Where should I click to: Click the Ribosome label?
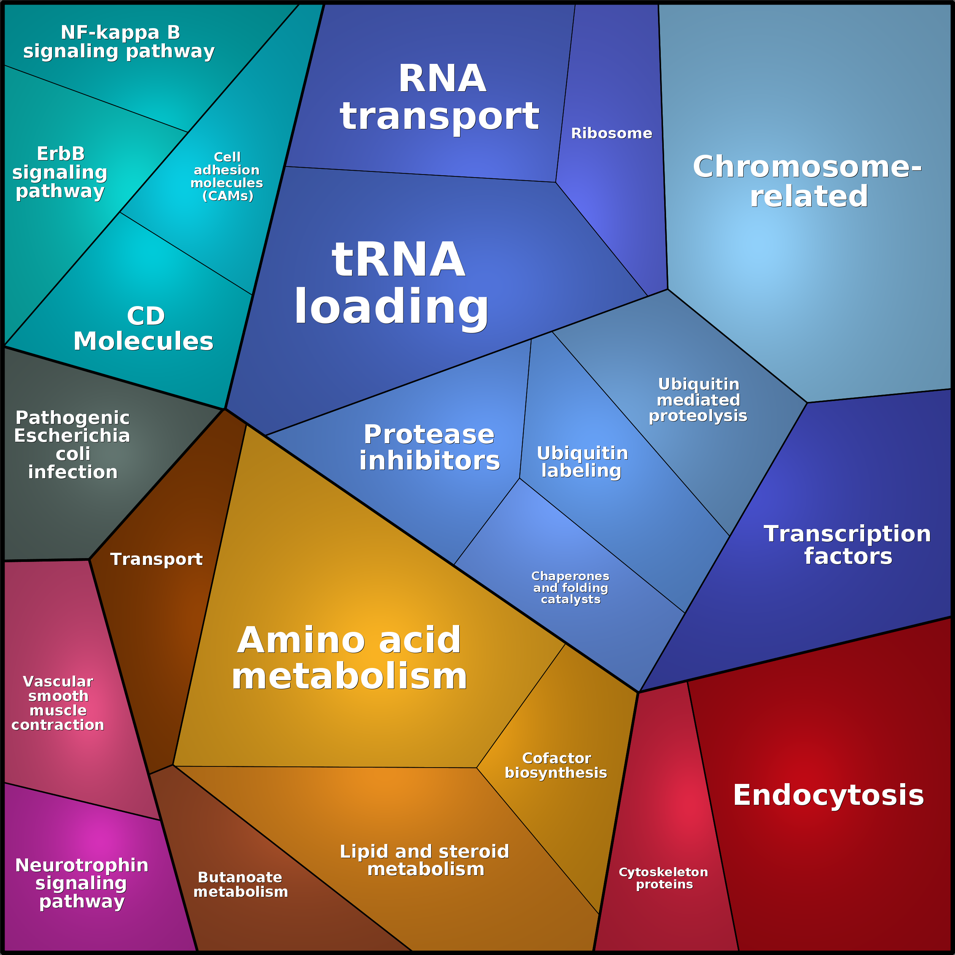click(x=611, y=133)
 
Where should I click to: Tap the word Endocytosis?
click(x=828, y=795)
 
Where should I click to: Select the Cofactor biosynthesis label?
click(x=556, y=765)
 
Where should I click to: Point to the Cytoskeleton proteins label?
click(x=663, y=878)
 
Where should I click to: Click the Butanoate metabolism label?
click(x=240, y=884)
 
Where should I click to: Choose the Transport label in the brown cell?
click(x=156, y=559)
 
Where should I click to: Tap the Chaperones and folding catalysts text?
click(x=570, y=587)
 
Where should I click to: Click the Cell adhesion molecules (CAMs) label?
click(x=227, y=176)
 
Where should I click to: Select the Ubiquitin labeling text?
click(x=582, y=462)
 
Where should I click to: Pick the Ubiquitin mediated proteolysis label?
click(x=698, y=400)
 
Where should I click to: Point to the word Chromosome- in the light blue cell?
click(x=807, y=167)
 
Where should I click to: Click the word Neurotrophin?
click(x=82, y=865)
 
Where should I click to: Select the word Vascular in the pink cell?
click(x=58, y=682)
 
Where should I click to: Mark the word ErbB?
click(x=61, y=154)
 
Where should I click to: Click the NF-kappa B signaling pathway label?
click(x=119, y=42)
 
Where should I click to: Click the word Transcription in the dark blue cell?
click(x=847, y=534)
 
